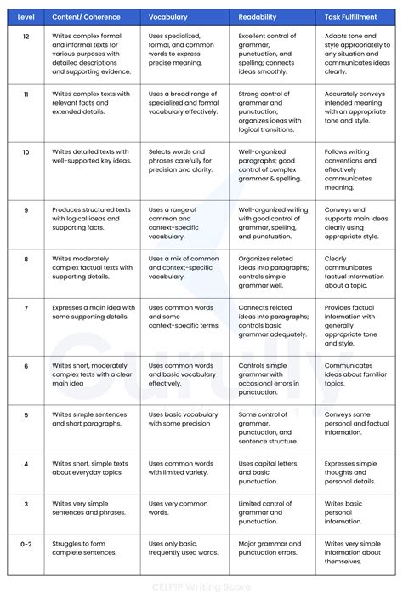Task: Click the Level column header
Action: [26, 16]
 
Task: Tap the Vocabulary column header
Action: [168, 16]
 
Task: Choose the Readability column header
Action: [257, 16]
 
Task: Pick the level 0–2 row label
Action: [26, 543]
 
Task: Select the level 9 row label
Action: [26, 209]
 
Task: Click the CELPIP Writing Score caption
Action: [201, 586]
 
